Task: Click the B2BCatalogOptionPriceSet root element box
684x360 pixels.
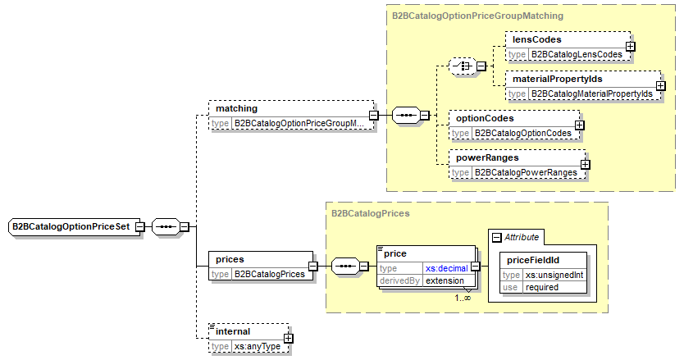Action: point(71,226)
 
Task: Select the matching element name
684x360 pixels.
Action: point(236,108)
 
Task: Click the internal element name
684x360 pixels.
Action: point(233,331)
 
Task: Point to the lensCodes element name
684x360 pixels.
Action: point(536,39)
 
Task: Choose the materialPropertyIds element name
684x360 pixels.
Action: point(557,80)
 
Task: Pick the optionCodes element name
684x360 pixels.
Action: point(485,118)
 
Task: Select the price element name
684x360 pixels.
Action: point(395,254)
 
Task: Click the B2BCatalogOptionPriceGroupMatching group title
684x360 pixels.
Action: point(477,15)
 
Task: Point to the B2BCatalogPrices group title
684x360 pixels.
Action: point(371,212)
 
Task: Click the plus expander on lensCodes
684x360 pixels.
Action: point(631,46)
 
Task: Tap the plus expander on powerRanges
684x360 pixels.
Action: point(585,164)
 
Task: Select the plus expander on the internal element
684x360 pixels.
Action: point(288,338)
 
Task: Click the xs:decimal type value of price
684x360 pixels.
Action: point(446,268)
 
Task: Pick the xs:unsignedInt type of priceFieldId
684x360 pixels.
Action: point(554,275)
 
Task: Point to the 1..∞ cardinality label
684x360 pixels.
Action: point(463,298)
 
